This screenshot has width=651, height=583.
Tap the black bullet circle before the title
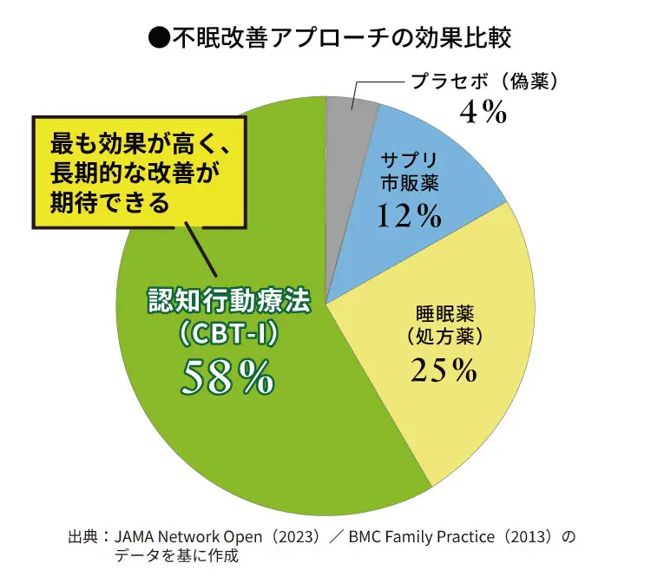[160, 37]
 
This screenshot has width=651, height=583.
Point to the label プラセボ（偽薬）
[483, 82]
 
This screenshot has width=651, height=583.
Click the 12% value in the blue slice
[410, 217]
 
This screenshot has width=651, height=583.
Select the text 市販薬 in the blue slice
[411, 184]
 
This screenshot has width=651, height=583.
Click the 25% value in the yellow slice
[444, 370]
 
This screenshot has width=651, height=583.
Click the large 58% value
[228, 375]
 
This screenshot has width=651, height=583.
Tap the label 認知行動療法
[228, 302]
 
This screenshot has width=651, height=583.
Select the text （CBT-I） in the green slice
[228, 332]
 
